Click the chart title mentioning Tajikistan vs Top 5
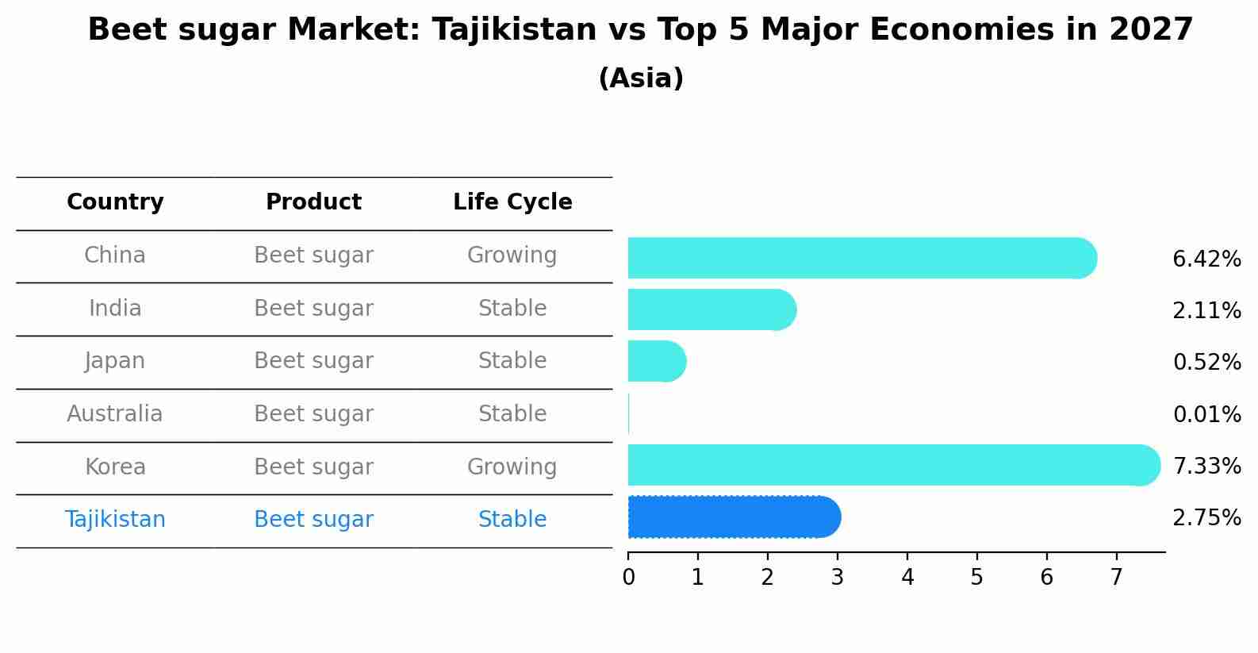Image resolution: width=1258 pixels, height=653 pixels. (x=640, y=30)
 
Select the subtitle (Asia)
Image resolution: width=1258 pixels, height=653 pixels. (x=641, y=79)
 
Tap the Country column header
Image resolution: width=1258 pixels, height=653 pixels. (x=115, y=202)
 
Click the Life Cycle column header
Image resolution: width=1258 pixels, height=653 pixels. (x=512, y=202)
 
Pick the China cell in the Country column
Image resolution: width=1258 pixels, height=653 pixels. (x=115, y=255)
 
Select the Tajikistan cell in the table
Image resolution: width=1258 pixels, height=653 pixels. (x=115, y=520)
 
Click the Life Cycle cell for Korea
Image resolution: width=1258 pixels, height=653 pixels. (x=512, y=467)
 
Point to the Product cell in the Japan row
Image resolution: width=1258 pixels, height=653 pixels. (x=313, y=361)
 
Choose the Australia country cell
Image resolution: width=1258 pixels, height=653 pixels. (x=115, y=414)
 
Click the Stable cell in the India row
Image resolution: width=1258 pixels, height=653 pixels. (x=512, y=309)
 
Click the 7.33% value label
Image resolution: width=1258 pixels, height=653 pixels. (x=1206, y=466)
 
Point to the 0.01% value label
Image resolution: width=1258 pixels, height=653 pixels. (x=1206, y=414)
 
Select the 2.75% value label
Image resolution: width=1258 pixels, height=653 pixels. (x=1206, y=518)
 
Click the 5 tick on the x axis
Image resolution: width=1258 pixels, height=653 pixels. (x=976, y=578)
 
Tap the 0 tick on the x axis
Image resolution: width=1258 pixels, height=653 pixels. (x=628, y=578)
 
